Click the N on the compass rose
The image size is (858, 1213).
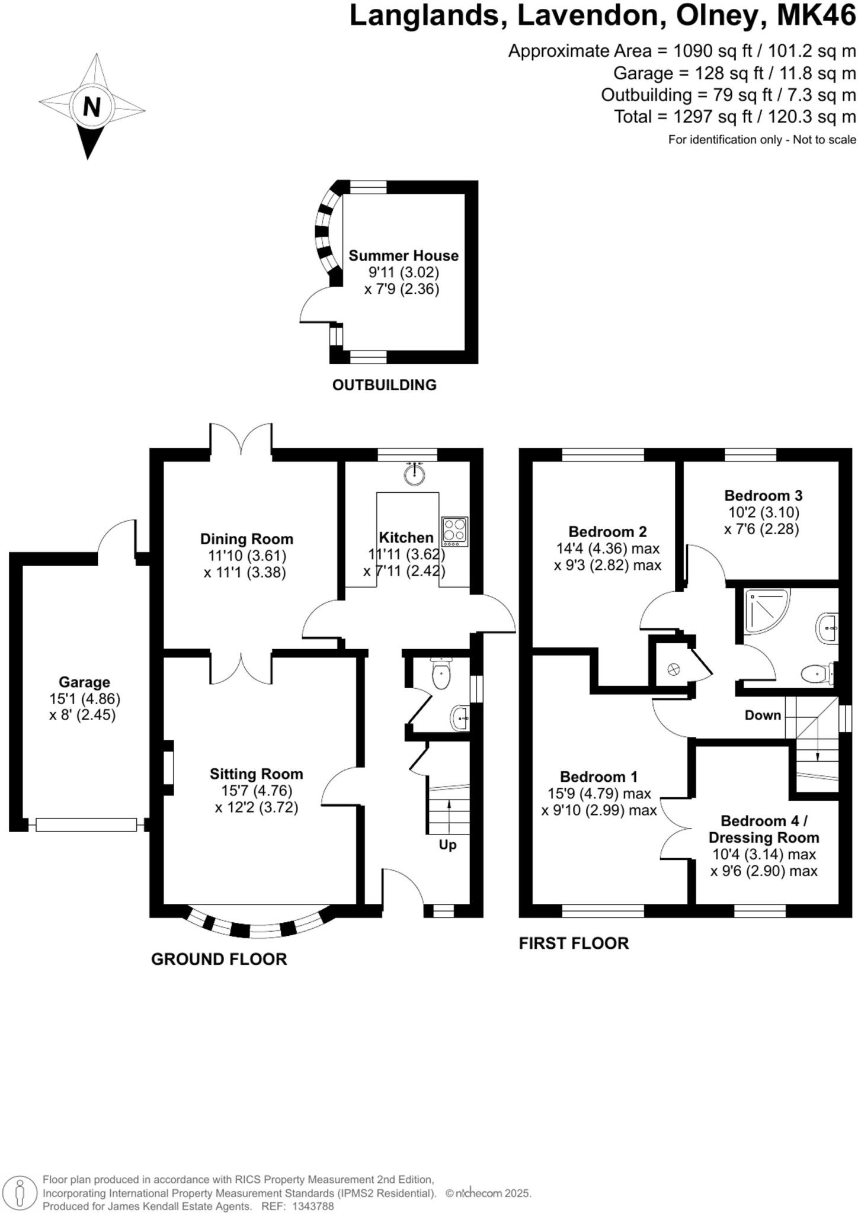tap(92, 107)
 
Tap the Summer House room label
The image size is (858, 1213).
tap(403, 256)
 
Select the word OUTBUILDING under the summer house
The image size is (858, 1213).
tap(384, 385)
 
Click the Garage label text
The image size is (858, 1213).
tap(84, 682)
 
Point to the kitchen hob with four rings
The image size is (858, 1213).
tap(454, 532)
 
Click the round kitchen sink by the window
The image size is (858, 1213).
tap(415, 474)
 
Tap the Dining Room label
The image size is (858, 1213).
tap(246, 539)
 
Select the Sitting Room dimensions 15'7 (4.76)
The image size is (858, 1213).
tap(257, 791)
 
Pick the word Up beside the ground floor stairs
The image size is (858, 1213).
tap(447, 845)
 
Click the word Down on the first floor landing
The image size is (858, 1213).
tap(763, 715)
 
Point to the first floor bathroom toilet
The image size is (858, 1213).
tap(816, 673)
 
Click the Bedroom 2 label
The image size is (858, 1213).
tap(607, 531)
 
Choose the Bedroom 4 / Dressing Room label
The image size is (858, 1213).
tap(764, 829)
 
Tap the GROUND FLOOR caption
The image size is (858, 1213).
tap(219, 959)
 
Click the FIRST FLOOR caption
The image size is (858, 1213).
tap(574, 944)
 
